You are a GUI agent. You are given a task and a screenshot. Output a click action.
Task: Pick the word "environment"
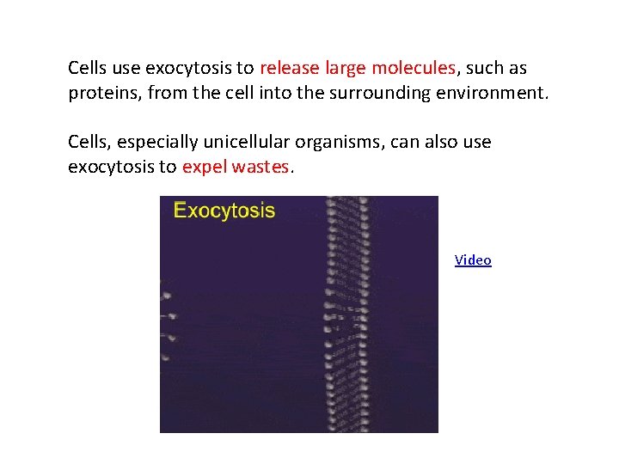tap(491, 93)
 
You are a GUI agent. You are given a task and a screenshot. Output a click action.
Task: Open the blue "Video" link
tap(473, 260)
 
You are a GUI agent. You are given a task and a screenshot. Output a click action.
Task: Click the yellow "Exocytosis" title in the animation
tap(224, 211)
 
